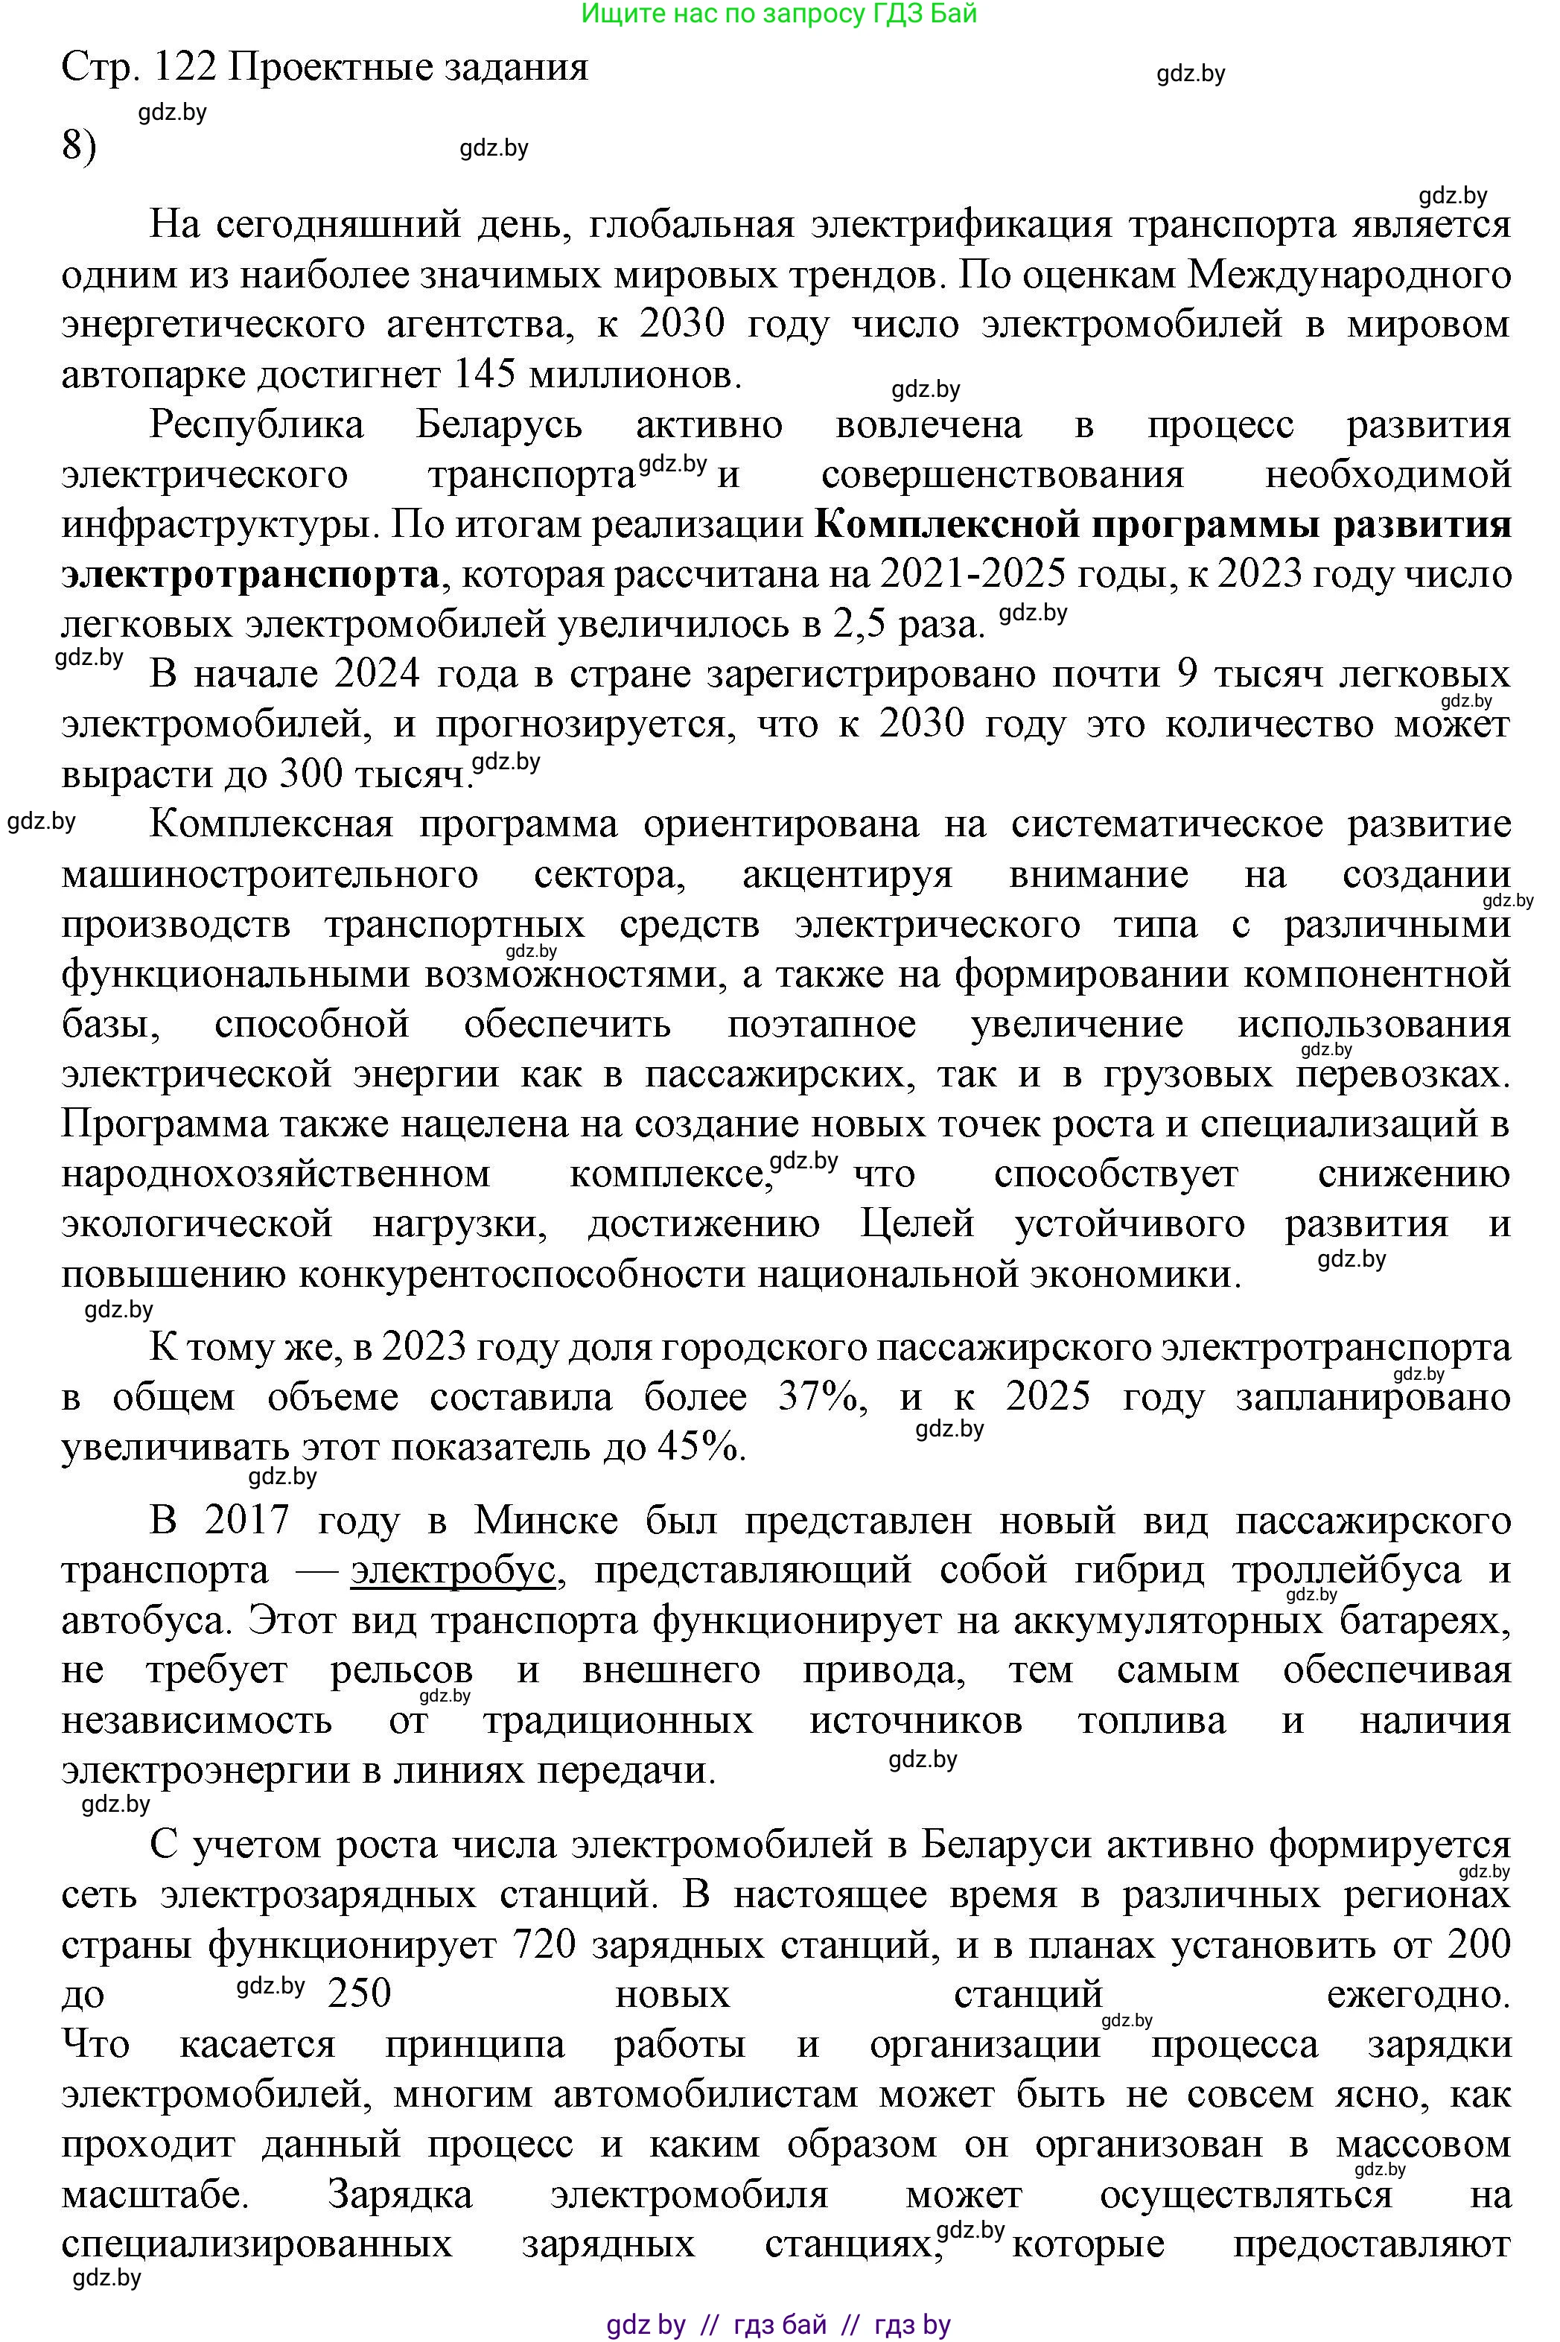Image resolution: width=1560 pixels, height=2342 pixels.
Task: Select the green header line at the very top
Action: click(778, 14)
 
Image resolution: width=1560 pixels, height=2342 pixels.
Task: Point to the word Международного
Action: click(1350, 275)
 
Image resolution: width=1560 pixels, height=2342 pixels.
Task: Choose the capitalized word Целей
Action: click(917, 1223)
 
